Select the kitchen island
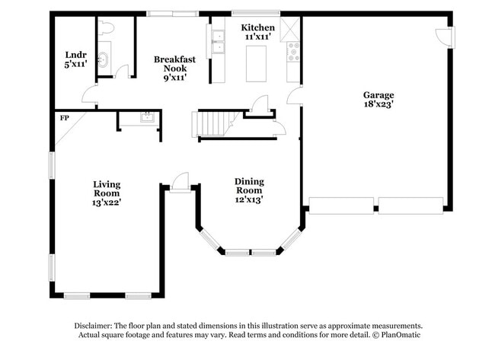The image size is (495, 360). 258,63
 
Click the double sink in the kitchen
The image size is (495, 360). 219,43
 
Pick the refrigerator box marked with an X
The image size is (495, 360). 291,29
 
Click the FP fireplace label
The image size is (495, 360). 64,119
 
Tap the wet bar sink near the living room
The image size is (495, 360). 148,117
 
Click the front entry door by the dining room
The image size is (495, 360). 180,183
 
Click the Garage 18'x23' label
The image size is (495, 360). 378,100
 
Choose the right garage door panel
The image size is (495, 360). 410,206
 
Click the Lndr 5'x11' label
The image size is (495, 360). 75,59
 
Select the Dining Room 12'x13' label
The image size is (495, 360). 249,190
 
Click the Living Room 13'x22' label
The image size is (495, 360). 107,193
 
